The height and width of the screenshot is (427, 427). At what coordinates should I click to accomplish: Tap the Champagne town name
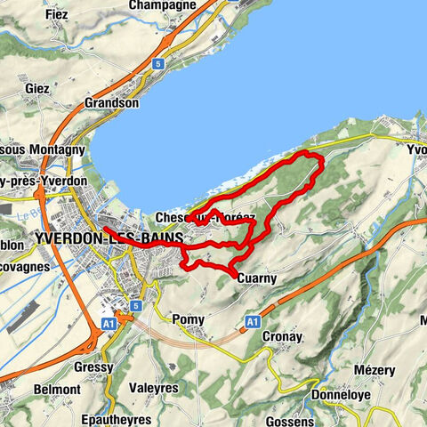point(162,5)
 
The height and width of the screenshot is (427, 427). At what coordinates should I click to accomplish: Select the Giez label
point(37,89)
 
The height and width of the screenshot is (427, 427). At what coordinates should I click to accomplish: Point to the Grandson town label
point(111,102)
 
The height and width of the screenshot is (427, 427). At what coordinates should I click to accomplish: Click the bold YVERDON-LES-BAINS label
point(109,238)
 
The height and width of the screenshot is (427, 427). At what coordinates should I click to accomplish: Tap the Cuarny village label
point(258,278)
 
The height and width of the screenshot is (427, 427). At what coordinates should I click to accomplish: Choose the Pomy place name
point(189,319)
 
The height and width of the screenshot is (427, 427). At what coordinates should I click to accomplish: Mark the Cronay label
point(284,337)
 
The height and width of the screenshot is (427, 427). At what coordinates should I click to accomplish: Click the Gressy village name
point(94,367)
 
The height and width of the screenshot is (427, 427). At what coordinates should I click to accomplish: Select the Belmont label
point(57,390)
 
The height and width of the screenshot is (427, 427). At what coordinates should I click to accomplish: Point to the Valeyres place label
point(154,389)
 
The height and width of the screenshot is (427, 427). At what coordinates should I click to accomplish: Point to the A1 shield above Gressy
point(109,325)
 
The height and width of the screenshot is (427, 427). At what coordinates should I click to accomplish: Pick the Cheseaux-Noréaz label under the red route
point(205,217)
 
